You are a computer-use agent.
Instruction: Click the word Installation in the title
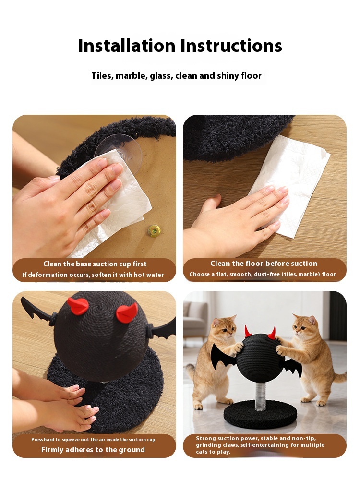pyautogui.click(x=127, y=46)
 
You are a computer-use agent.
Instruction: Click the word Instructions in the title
pyautogui.click(x=231, y=46)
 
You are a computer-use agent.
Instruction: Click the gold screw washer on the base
pyautogui.click(x=154, y=230)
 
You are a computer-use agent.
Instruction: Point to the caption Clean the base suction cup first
pyautogui.click(x=95, y=264)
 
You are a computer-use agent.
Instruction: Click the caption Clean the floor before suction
pyautogui.click(x=264, y=263)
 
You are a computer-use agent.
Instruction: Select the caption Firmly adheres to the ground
pyautogui.click(x=93, y=450)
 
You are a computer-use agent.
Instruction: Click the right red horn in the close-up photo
pyautogui.click(x=127, y=312)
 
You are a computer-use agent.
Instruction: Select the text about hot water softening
pyautogui.click(x=93, y=275)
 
